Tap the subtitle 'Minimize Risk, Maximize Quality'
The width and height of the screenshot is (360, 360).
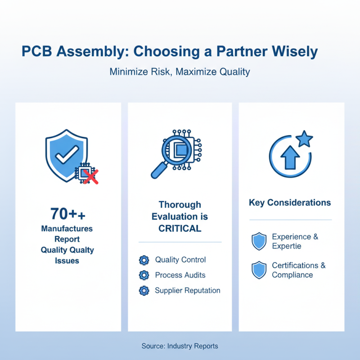pyautogui.click(x=180, y=72)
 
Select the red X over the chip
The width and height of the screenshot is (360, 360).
pyautogui.click(x=91, y=176)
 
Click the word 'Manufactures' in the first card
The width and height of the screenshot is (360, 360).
pyautogui.click(x=67, y=229)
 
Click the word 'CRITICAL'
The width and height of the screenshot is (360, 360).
pyautogui.click(x=180, y=228)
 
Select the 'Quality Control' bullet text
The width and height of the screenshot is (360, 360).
pyautogui.click(x=180, y=260)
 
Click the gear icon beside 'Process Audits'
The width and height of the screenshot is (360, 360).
pyautogui.click(x=144, y=275)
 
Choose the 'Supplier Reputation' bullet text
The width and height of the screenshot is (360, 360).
pyautogui.click(x=187, y=290)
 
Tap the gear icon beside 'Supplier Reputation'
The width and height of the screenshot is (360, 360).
pyautogui.click(x=144, y=290)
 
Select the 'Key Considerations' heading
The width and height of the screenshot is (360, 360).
pyautogui.click(x=290, y=202)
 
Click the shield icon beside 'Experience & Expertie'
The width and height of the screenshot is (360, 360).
pyautogui.click(x=259, y=242)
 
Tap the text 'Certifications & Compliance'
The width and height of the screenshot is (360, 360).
pyautogui.click(x=298, y=270)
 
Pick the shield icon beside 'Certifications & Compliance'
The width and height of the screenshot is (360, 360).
pyautogui.click(x=259, y=270)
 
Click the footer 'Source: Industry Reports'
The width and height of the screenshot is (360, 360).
pyautogui.click(x=180, y=346)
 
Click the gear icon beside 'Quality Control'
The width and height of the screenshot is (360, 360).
pyautogui.click(x=144, y=260)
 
